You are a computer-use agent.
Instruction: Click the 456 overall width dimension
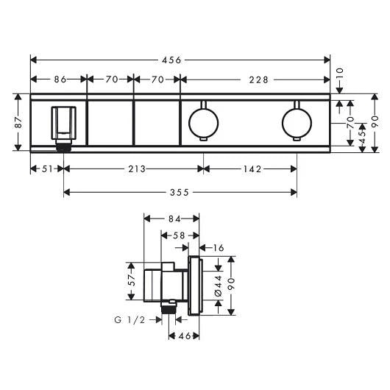click(x=171, y=60)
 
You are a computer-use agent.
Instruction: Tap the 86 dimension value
click(x=60, y=79)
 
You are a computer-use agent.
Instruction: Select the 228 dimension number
click(x=259, y=80)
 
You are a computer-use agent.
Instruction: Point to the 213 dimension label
click(x=137, y=169)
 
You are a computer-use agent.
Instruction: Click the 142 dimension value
click(x=252, y=169)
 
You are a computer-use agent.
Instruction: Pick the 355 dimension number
click(x=180, y=193)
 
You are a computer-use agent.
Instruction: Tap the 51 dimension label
click(x=47, y=169)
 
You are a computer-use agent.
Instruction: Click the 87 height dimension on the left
click(x=18, y=122)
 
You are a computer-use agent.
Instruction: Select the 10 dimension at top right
click(x=340, y=74)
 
